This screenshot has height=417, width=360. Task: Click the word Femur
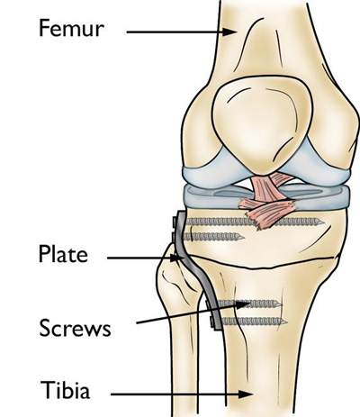(71, 28)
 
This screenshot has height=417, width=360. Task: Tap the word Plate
(63, 254)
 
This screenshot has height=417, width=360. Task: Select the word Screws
(75, 328)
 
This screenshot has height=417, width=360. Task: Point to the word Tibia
(65, 389)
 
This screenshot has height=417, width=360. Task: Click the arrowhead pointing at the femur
(230, 32)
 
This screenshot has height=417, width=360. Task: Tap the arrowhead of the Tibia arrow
(246, 394)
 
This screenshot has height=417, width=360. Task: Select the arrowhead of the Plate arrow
(177, 258)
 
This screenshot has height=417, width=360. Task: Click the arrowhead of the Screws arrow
(243, 305)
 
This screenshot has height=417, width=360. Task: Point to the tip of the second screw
(244, 238)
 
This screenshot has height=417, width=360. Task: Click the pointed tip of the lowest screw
(287, 322)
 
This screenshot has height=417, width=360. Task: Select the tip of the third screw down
(282, 304)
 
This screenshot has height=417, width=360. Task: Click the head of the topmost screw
(175, 222)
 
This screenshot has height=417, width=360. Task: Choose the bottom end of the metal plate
(218, 330)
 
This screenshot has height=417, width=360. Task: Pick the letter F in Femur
(45, 28)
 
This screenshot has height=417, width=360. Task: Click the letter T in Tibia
(47, 389)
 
